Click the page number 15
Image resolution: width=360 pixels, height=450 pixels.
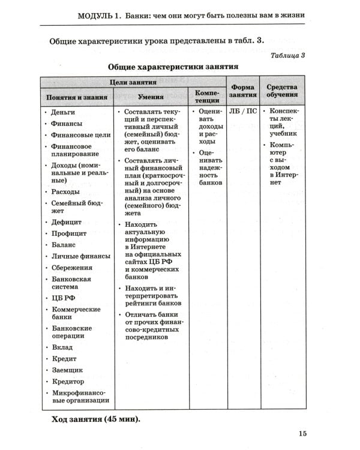302,434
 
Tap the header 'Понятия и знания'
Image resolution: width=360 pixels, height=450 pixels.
77,97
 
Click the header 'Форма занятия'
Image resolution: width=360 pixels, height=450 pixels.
242,91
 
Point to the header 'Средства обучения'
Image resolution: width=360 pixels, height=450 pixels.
282,91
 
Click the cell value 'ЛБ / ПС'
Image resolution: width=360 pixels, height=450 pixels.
242,112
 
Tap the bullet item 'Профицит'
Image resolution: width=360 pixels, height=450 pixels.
68,233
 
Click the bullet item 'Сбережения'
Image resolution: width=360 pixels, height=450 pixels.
71,268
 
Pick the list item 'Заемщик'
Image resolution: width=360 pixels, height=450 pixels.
67,370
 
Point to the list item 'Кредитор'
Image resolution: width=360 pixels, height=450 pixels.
68,382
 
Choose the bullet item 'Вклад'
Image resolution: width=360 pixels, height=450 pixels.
62,347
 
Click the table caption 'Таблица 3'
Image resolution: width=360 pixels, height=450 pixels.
289,56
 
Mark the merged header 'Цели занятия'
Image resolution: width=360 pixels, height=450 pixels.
133,82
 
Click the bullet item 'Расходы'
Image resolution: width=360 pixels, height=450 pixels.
65,191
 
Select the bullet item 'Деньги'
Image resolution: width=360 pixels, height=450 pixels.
62,112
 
